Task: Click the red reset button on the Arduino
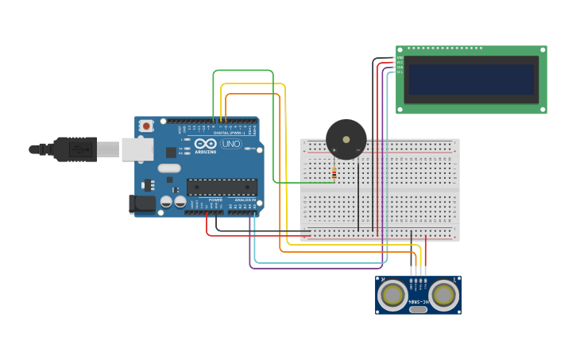[x=146, y=126]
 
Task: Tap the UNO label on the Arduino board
[x=230, y=144]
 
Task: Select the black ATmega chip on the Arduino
[x=222, y=188]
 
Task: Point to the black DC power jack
[x=142, y=203]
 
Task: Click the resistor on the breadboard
[x=334, y=172]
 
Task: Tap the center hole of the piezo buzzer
[x=346, y=139]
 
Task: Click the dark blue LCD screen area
[x=471, y=79]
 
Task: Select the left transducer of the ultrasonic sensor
[x=392, y=296]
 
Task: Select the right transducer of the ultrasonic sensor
[x=444, y=296]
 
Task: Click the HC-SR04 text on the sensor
[x=418, y=301]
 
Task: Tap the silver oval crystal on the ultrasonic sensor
[x=418, y=308]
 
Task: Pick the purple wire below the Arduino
[x=318, y=269]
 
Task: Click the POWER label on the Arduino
[x=215, y=199]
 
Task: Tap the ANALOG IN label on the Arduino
[x=245, y=199]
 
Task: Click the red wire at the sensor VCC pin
[x=426, y=254]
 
